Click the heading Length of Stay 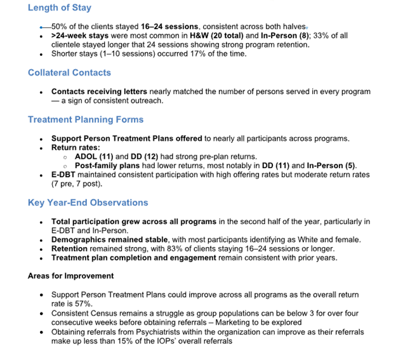coord(60,8)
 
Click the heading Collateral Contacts coord(69,73)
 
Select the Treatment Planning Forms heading coord(86,119)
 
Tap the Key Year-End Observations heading coord(88,203)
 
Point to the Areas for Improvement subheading coord(70,276)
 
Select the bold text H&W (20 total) coord(220,36)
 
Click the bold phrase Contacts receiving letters coord(99,91)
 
